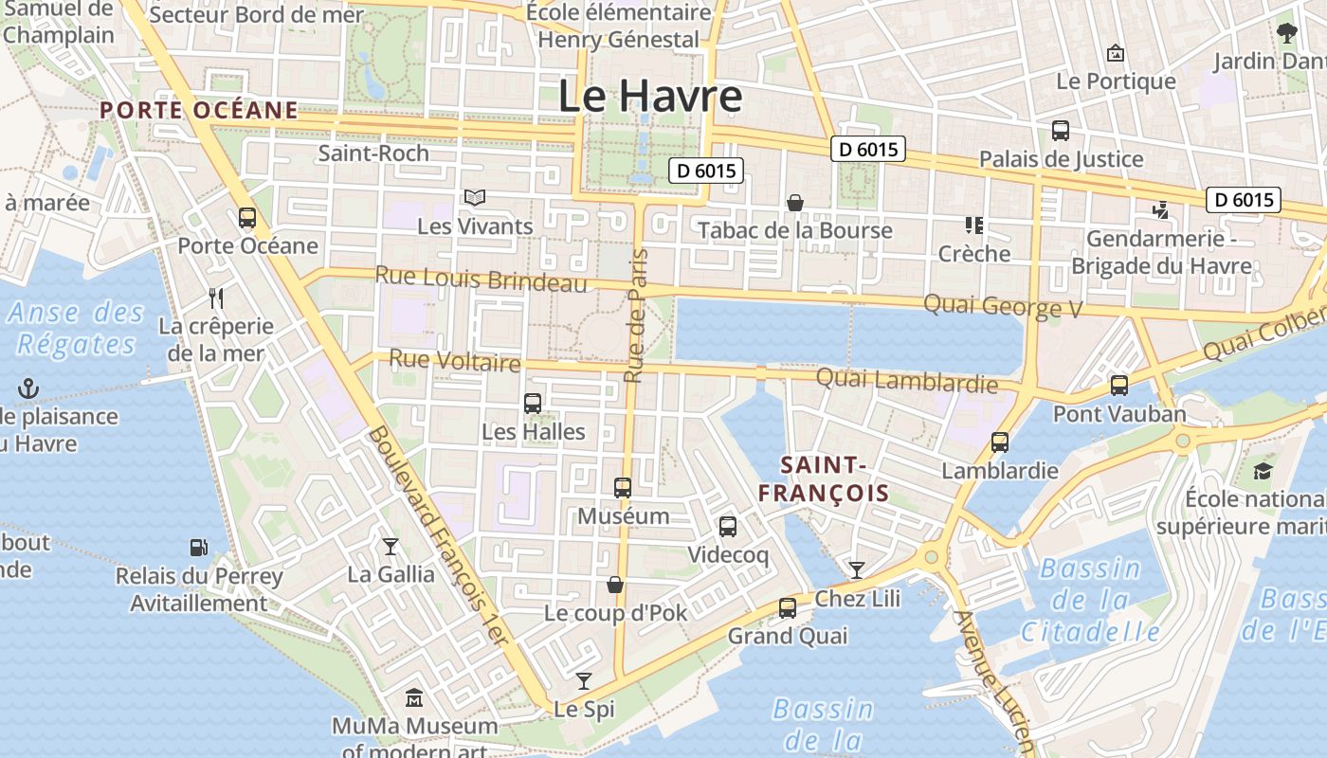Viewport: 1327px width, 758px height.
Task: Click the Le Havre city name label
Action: (649, 97)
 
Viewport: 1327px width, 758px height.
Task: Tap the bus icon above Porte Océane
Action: (247, 218)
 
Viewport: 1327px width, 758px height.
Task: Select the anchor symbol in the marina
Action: (28, 388)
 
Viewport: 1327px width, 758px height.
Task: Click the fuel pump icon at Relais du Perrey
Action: (198, 548)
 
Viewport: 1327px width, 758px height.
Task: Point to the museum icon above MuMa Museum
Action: (413, 699)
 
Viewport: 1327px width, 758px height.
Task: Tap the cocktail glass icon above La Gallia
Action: (390, 547)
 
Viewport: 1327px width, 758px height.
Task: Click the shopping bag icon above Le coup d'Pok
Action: (615, 585)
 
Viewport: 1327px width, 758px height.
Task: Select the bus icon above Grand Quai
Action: (787, 608)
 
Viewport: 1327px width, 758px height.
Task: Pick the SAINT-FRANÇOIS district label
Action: (823, 478)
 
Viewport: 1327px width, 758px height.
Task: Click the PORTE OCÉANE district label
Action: (199, 110)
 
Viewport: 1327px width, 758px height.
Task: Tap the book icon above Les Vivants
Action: (475, 198)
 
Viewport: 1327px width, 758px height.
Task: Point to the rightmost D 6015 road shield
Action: (1243, 200)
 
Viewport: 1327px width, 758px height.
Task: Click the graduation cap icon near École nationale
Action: (1263, 471)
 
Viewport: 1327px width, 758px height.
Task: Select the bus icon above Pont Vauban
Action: (1118, 386)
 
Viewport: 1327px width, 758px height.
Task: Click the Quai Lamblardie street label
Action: (906, 380)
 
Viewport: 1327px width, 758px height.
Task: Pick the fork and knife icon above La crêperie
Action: (216, 298)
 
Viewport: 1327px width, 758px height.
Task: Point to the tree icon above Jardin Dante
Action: (1286, 34)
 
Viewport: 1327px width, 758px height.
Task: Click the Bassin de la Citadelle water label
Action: (1091, 600)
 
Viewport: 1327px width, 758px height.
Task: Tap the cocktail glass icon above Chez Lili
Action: (857, 569)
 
